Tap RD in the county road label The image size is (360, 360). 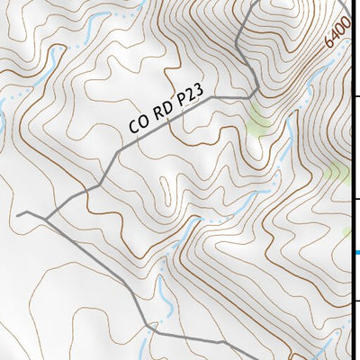point(159,114)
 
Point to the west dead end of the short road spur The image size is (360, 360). point(18,214)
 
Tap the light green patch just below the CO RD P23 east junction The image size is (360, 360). point(259,119)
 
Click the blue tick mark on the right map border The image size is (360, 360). point(356,253)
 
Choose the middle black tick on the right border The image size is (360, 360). point(356,199)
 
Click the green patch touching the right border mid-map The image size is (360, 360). point(339,171)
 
